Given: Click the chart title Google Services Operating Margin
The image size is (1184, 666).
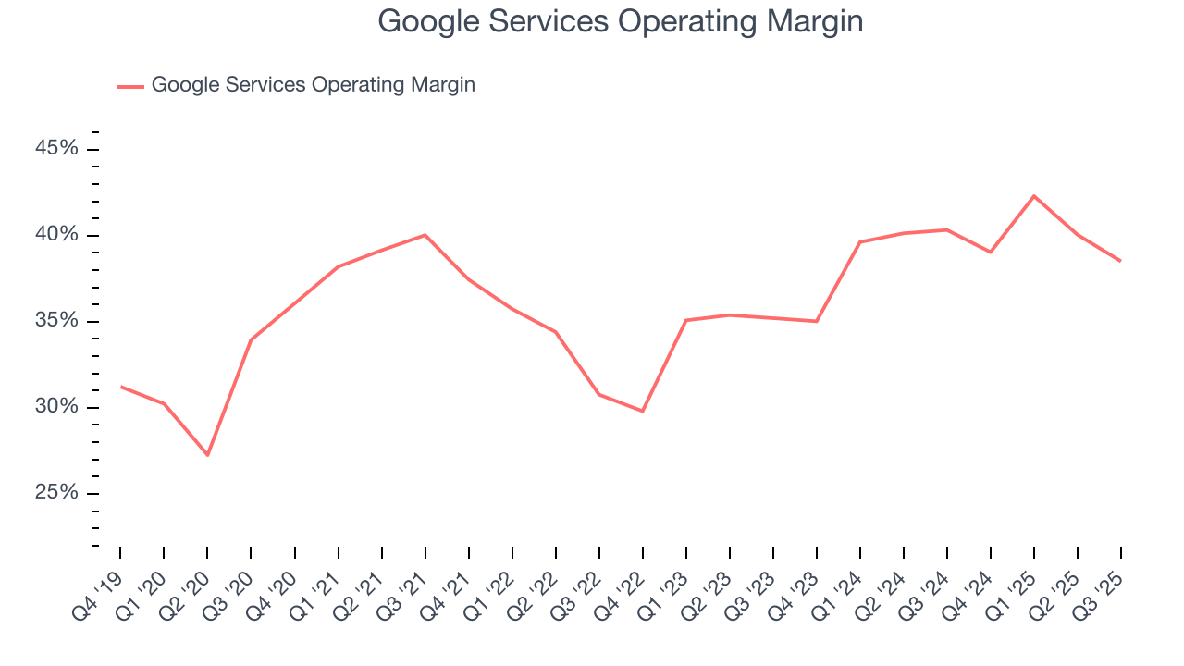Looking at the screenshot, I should tap(621, 21).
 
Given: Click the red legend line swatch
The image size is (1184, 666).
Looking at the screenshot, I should tap(129, 86).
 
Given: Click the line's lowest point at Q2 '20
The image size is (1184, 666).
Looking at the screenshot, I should tap(207, 455).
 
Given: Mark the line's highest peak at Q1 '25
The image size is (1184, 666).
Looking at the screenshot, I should tap(1033, 195).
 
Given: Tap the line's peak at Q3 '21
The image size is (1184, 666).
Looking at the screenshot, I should tap(425, 235).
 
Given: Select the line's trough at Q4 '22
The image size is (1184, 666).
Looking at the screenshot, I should tap(642, 411).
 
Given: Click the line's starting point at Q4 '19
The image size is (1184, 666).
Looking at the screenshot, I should tap(121, 387).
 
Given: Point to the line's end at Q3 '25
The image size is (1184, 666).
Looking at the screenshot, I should tap(1120, 261).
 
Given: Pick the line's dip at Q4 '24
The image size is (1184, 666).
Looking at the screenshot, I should tap(990, 252).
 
